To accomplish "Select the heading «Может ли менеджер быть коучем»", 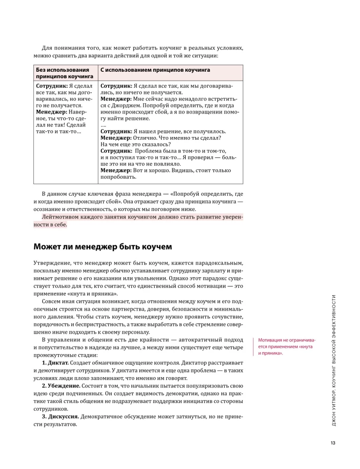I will [x=103, y=246].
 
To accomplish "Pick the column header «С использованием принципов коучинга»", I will [x=155, y=69].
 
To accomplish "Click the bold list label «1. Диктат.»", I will [x=55, y=363].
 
